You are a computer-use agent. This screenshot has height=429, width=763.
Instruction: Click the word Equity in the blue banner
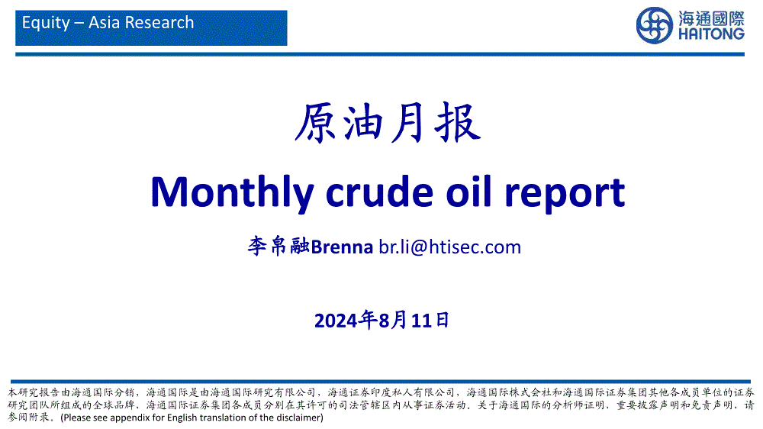coord(46,24)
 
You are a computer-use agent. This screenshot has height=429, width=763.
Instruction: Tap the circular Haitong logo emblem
coord(655,25)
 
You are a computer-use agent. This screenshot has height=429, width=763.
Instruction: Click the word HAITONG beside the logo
coord(711,34)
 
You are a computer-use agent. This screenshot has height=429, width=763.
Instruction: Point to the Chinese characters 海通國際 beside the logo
coord(711,18)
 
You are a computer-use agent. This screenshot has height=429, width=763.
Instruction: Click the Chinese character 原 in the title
coord(316,123)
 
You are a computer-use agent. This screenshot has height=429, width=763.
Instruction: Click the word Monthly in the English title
coord(233,193)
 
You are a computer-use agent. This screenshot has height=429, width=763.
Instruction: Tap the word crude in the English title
coord(379,192)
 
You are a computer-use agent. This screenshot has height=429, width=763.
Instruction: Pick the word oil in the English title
coord(469,192)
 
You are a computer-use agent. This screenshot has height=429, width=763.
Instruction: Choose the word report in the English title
coord(565,195)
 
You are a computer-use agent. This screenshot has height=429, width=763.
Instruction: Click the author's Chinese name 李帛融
coord(278,247)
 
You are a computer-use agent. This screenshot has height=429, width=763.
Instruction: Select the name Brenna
coord(342,247)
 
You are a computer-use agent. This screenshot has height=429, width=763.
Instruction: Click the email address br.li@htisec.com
coord(450,247)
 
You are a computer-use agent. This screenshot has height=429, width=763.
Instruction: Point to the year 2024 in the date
coord(336,321)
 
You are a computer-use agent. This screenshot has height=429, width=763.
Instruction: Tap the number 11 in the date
coord(421,321)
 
